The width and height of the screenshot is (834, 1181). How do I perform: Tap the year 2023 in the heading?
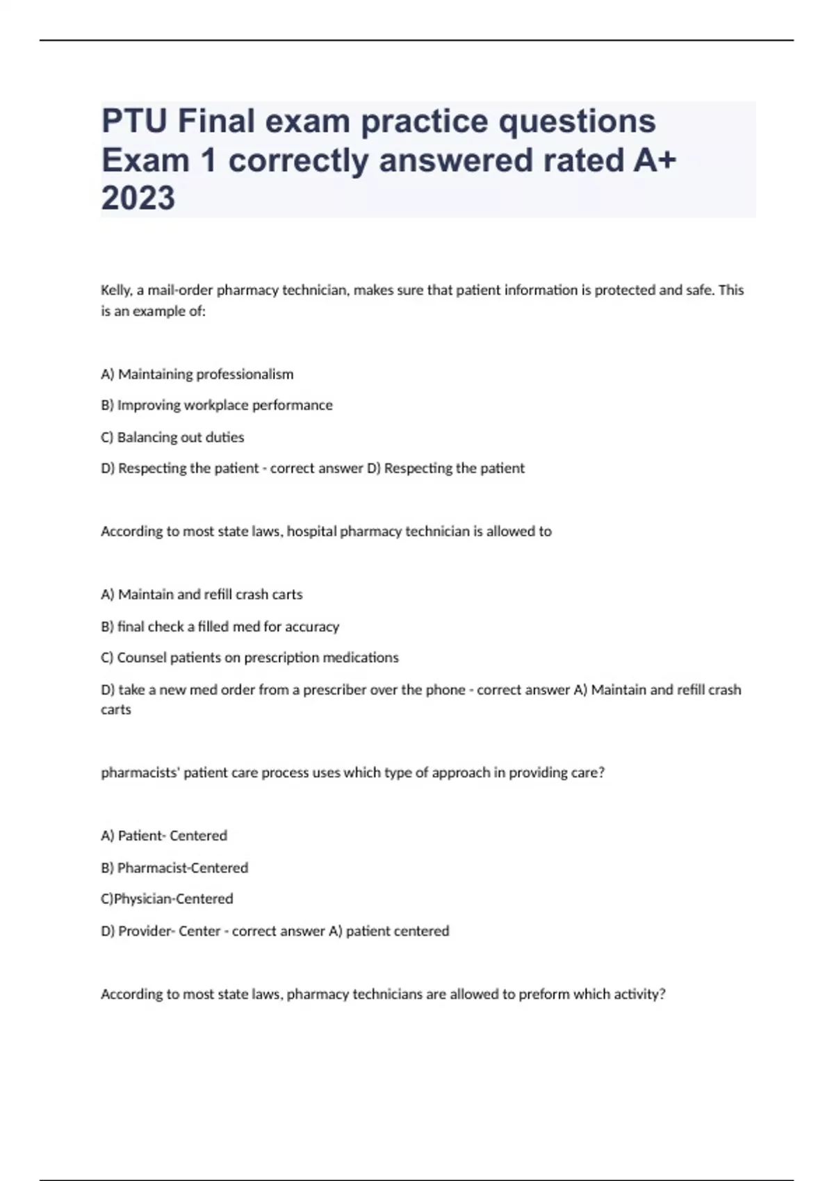[138, 199]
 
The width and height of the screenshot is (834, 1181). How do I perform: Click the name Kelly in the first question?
[116, 290]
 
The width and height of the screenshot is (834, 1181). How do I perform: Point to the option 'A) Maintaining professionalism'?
[197, 374]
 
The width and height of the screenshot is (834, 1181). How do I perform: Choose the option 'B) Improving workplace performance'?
[217, 405]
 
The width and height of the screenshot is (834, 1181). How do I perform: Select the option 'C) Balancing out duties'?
[172, 437]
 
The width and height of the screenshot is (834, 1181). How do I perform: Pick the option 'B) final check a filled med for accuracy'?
[220, 627]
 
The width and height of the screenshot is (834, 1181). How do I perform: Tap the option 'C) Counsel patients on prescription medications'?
[250, 657]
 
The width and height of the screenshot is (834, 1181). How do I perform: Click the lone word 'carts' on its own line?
[116, 709]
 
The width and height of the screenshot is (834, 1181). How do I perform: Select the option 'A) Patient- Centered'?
[165, 836]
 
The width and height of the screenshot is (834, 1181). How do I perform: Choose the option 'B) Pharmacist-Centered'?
[174, 868]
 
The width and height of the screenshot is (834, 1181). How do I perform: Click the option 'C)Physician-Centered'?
[167, 899]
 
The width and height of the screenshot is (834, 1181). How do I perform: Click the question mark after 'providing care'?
[602, 773]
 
